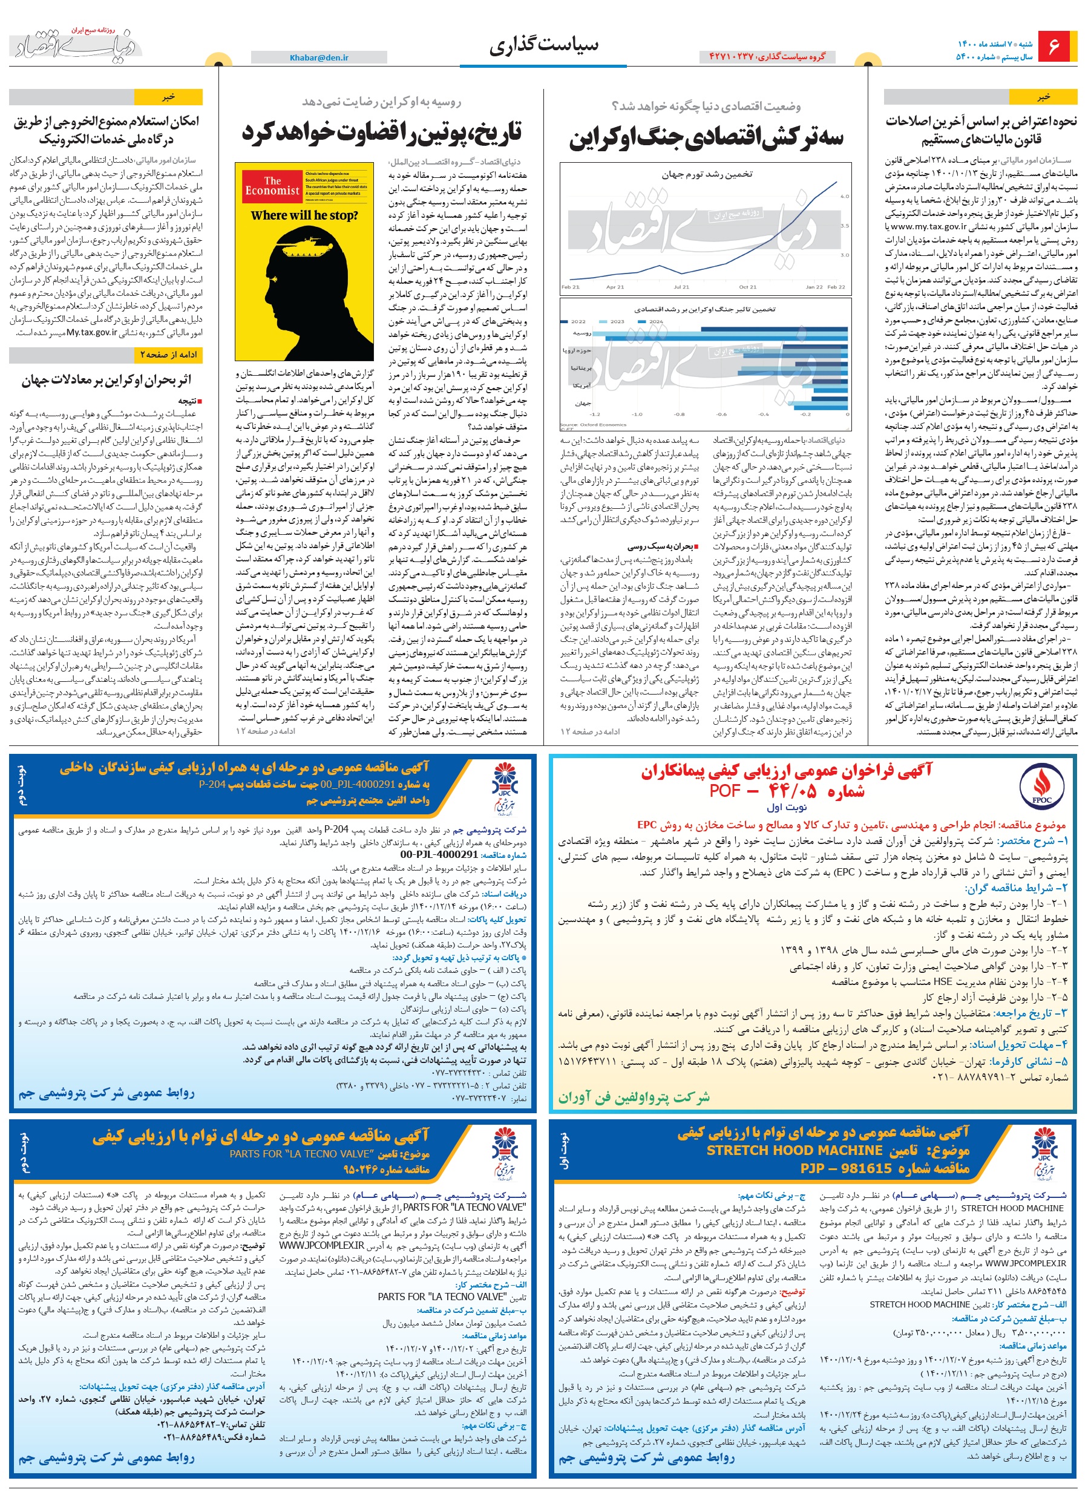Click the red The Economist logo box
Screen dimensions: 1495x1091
pyautogui.click(x=272, y=186)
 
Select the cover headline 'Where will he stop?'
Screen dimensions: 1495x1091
pyautogui.click(x=304, y=215)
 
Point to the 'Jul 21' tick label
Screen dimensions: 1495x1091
pyautogui.click(x=681, y=287)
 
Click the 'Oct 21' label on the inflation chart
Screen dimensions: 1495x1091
pyautogui.click(x=747, y=287)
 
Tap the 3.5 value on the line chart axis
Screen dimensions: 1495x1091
pyautogui.click(x=844, y=226)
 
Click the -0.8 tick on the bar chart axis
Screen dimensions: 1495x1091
pyautogui.click(x=679, y=414)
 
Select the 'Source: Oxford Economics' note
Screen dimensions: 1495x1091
pyautogui.click(x=593, y=425)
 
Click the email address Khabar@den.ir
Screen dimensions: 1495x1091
pyautogui.click(x=319, y=57)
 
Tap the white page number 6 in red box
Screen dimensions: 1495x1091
pyautogui.click(x=1053, y=47)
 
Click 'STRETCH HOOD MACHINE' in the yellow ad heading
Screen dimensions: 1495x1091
pyautogui.click(x=794, y=1150)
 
